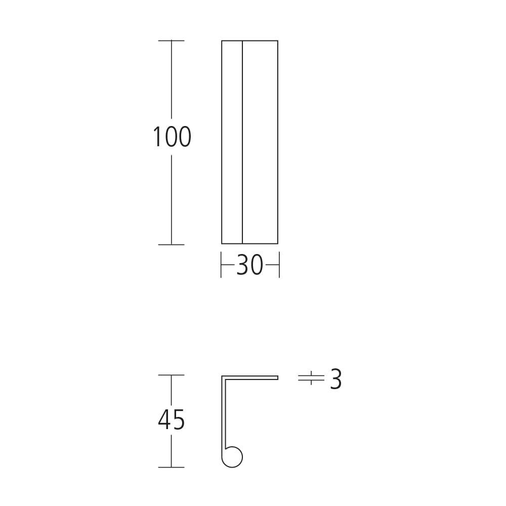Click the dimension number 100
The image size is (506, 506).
click(x=172, y=137)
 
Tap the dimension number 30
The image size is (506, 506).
click(x=249, y=266)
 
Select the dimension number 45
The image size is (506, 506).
click(x=172, y=420)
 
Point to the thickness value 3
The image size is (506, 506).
click(x=336, y=379)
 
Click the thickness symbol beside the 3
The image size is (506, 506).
click(x=311, y=378)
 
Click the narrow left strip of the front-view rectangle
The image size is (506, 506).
click(x=232, y=142)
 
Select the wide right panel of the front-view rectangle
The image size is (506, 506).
click(x=260, y=142)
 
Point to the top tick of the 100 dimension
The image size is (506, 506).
click(x=171, y=40)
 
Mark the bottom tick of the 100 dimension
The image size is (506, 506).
click(x=171, y=244)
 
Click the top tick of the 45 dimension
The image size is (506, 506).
click(x=171, y=375)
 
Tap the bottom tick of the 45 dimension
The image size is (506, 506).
click(x=171, y=467)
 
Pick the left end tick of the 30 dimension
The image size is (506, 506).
click(x=222, y=266)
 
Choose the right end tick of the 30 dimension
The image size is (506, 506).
click(x=279, y=266)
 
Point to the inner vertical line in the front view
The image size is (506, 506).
click(x=242, y=142)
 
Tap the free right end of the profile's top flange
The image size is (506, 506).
click(x=277, y=377)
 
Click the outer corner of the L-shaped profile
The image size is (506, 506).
click(x=222, y=376)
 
